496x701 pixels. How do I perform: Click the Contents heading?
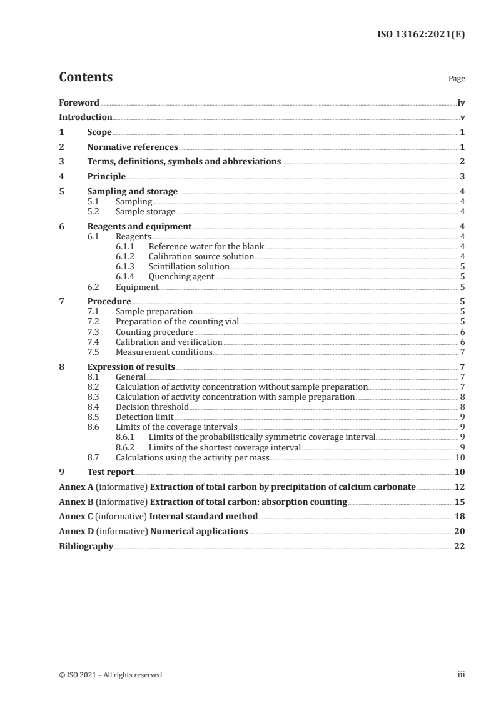[x=86, y=77]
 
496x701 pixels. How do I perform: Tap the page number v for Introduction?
[x=462, y=117]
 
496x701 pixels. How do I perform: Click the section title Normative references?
[x=133, y=147]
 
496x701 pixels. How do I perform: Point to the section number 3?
[x=61, y=162]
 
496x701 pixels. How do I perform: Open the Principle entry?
[x=106, y=177]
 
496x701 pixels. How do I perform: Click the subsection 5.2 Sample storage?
[x=145, y=212]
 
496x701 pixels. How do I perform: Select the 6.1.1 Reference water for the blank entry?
[x=206, y=247]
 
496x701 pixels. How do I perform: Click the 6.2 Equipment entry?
[x=137, y=287]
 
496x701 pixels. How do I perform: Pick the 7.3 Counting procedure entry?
[x=154, y=332]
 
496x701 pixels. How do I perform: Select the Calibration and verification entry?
[x=169, y=342]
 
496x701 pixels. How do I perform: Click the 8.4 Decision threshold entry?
[x=152, y=407]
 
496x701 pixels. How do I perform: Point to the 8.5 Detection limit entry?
[x=145, y=417]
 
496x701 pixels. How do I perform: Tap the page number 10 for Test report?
[x=459, y=472]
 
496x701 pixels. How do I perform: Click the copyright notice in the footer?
[x=110, y=675]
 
